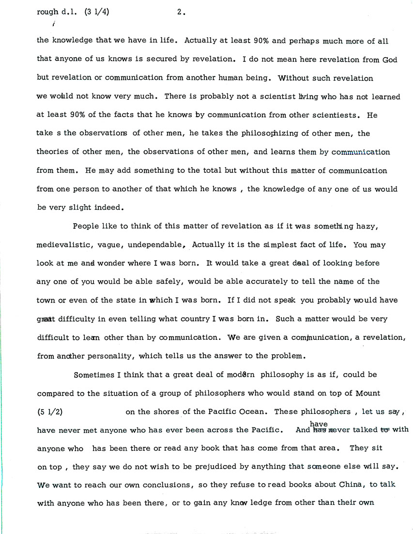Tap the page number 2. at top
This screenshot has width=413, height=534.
tap(181, 13)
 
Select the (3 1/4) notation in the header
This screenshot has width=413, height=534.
tap(96, 13)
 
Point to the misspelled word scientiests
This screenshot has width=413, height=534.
tap(333, 115)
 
